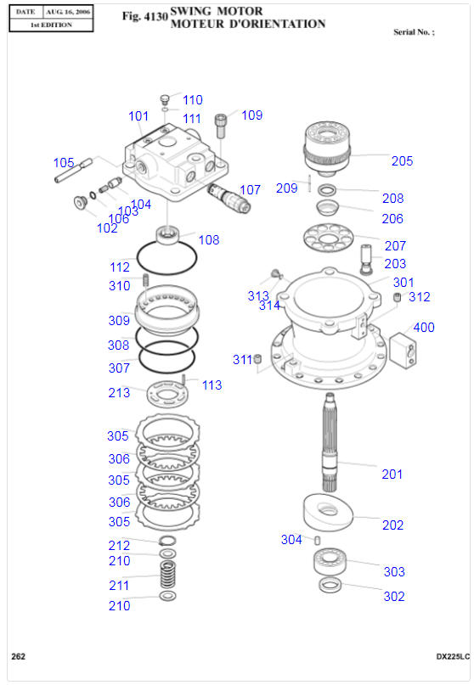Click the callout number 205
(x=402, y=161)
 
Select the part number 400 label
(x=424, y=328)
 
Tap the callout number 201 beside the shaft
(x=392, y=474)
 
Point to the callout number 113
(x=212, y=385)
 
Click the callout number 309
(x=119, y=321)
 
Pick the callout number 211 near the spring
(x=119, y=586)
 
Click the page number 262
(x=18, y=656)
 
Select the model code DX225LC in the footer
(x=453, y=656)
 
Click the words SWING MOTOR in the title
(x=217, y=11)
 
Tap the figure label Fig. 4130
(x=144, y=16)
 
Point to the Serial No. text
(x=414, y=31)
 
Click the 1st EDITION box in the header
(x=51, y=25)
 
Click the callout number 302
(x=394, y=597)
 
